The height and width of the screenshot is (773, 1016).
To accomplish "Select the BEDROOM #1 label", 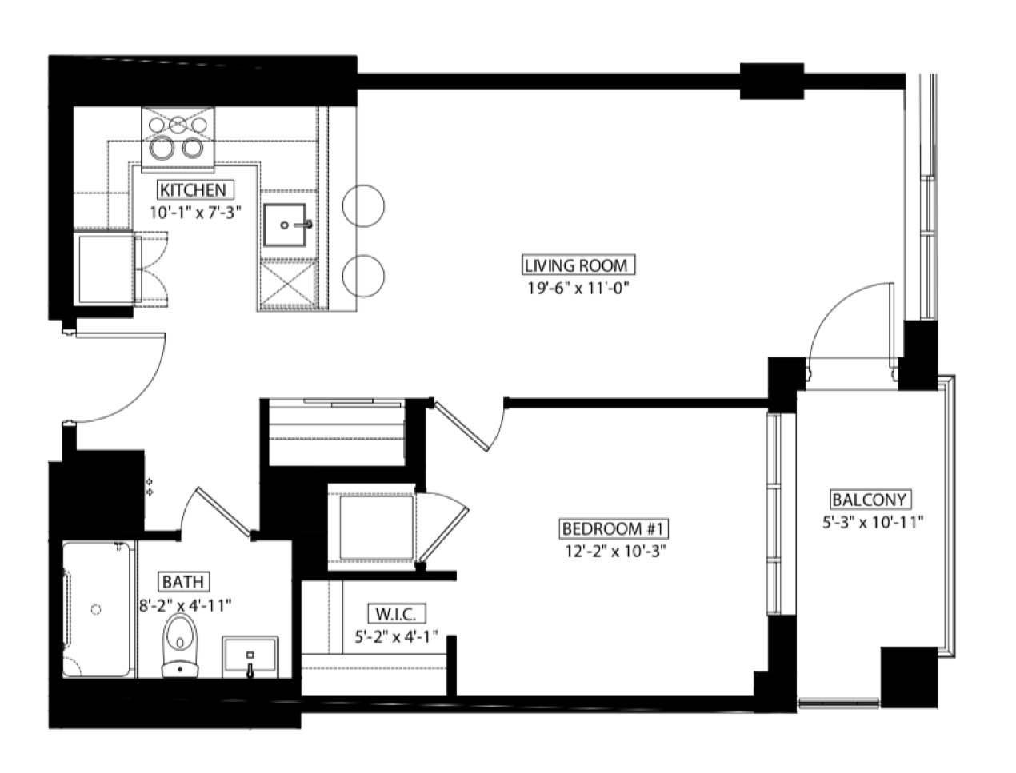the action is pos(614,528).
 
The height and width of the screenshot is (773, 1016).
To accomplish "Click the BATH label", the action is pos(183,582).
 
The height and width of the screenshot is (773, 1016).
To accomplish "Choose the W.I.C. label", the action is pos(396,613).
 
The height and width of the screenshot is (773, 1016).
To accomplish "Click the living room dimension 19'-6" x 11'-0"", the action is pos(578,289).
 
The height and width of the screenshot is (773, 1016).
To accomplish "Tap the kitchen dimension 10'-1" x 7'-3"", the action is pos(196,212).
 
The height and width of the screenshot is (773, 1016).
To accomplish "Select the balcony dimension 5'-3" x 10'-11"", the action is pos(873,523).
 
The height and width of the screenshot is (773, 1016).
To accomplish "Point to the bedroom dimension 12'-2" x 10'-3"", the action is pos(615,551).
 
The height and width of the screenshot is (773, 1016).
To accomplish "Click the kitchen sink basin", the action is pos(285,225).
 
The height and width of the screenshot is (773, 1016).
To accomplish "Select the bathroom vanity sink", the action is pos(250,657).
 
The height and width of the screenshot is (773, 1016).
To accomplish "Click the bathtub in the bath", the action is pos(96,609).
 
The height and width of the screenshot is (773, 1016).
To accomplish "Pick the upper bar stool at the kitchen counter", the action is pos(363,205).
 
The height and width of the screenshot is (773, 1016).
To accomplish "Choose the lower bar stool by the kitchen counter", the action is pos(363,276).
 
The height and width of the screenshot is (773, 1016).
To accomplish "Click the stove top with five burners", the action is pos(178,137).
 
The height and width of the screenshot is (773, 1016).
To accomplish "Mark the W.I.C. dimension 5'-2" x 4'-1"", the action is pos(396,636).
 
